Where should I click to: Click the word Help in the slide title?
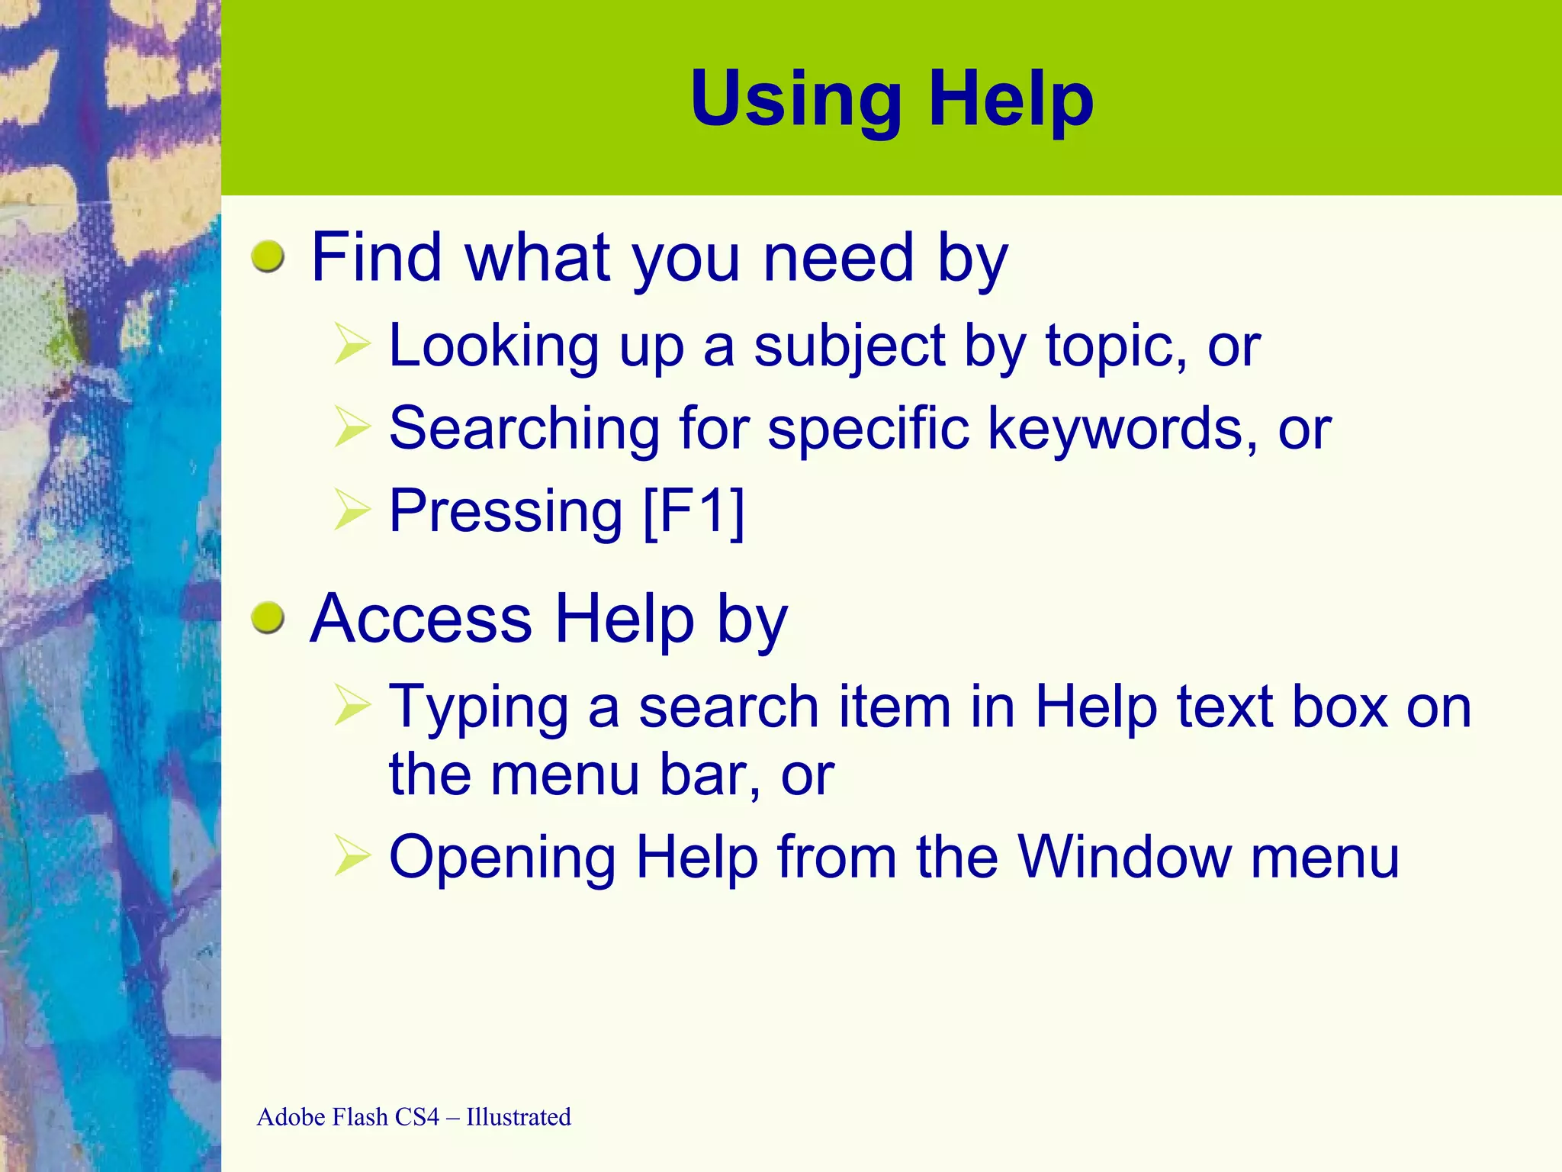(1011, 100)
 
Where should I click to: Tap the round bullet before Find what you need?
(268, 257)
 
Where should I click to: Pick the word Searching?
(525, 429)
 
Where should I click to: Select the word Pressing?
(506, 511)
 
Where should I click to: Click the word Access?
(421, 619)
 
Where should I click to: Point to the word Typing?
(479, 708)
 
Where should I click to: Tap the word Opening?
(502, 858)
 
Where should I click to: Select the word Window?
(1124, 858)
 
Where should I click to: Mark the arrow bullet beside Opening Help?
(352, 856)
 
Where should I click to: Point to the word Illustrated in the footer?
(519, 1117)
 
